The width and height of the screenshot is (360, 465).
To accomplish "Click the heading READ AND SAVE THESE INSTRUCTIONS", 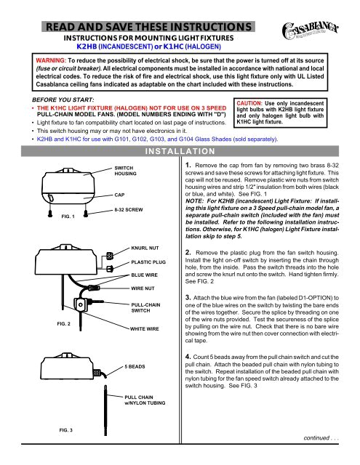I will [148, 28].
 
